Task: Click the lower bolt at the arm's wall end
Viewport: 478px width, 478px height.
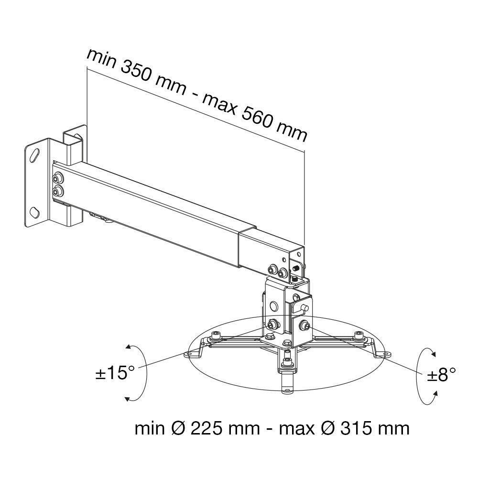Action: (58, 192)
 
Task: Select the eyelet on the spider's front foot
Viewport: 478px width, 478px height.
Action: (287, 389)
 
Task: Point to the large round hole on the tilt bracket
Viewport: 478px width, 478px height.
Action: (274, 304)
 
